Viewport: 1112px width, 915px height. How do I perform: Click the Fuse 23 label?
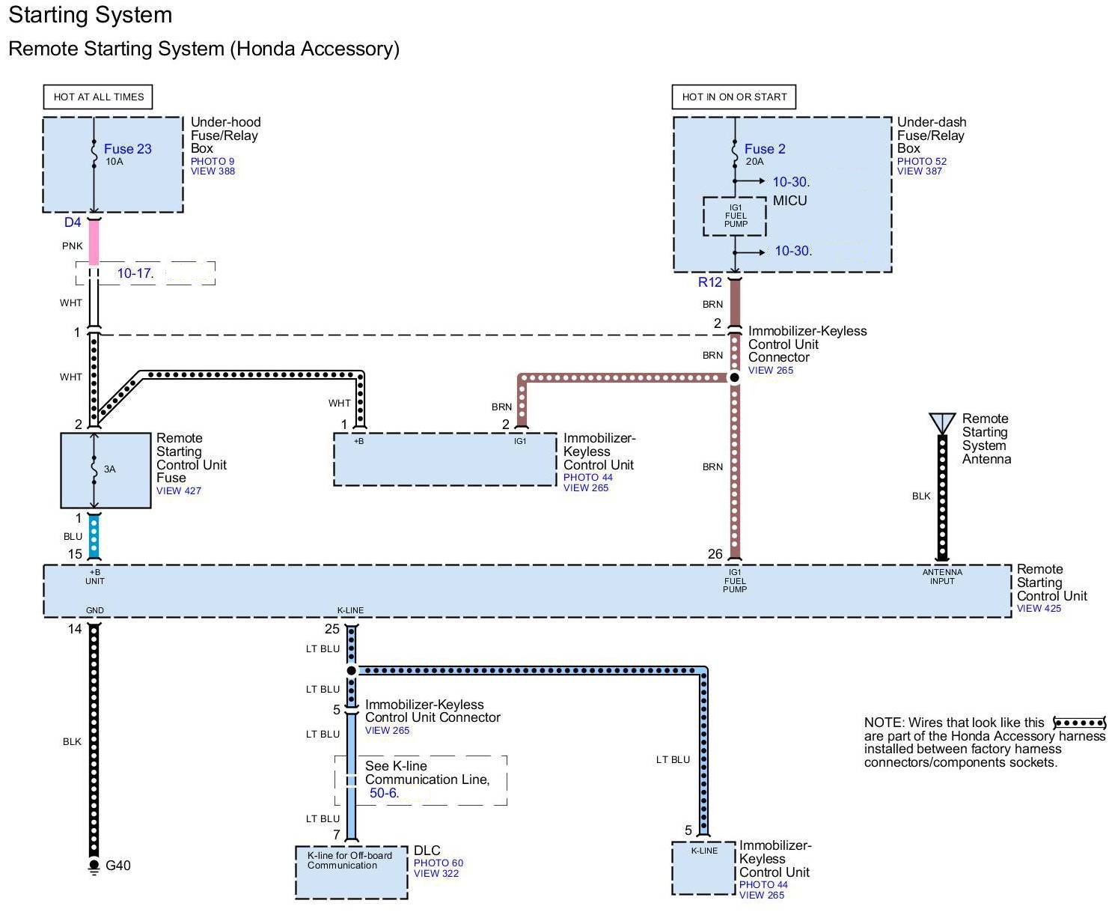pyautogui.click(x=128, y=149)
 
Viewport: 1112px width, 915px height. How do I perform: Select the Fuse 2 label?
pyautogui.click(x=765, y=149)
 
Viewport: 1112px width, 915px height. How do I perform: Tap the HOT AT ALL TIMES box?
pyautogui.click(x=98, y=97)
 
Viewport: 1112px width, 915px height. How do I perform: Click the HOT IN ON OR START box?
pyautogui.click(x=734, y=97)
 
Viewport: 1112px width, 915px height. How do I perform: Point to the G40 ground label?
pyautogui.click(x=118, y=866)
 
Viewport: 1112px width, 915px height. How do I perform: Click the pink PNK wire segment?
pyautogui.click(x=94, y=243)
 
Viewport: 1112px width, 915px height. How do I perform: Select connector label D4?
pyautogui.click(x=73, y=222)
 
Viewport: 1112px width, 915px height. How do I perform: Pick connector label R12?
pyautogui.click(x=709, y=282)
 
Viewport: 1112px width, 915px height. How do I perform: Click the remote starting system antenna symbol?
pyautogui.click(x=942, y=423)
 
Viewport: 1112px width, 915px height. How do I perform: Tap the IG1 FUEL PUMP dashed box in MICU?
pyautogui.click(x=735, y=216)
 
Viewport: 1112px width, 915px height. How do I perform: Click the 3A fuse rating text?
pyautogui.click(x=110, y=469)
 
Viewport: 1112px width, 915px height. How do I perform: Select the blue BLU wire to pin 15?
pyautogui.click(x=94, y=536)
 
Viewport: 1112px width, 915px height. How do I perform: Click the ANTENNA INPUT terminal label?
pyautogui.click(x=942, y=577)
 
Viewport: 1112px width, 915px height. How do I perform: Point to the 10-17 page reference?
pyautogui.click(x=135, y=273)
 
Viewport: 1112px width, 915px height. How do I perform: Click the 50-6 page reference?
pyautogui.click(x=385, y=793)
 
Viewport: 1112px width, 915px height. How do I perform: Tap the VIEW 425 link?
pyautogui.click(x=1039, y=609)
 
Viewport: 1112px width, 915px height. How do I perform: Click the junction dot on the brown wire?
pyautogui.click(x=735, y=377)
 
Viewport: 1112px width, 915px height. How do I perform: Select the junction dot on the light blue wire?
pyautogui.click(x=352, y=671)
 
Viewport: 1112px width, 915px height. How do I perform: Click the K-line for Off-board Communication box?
pyautogui.click(x=352, y=872)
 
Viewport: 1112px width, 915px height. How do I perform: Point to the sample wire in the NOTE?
pyautogui.click(x=1079, y=723)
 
